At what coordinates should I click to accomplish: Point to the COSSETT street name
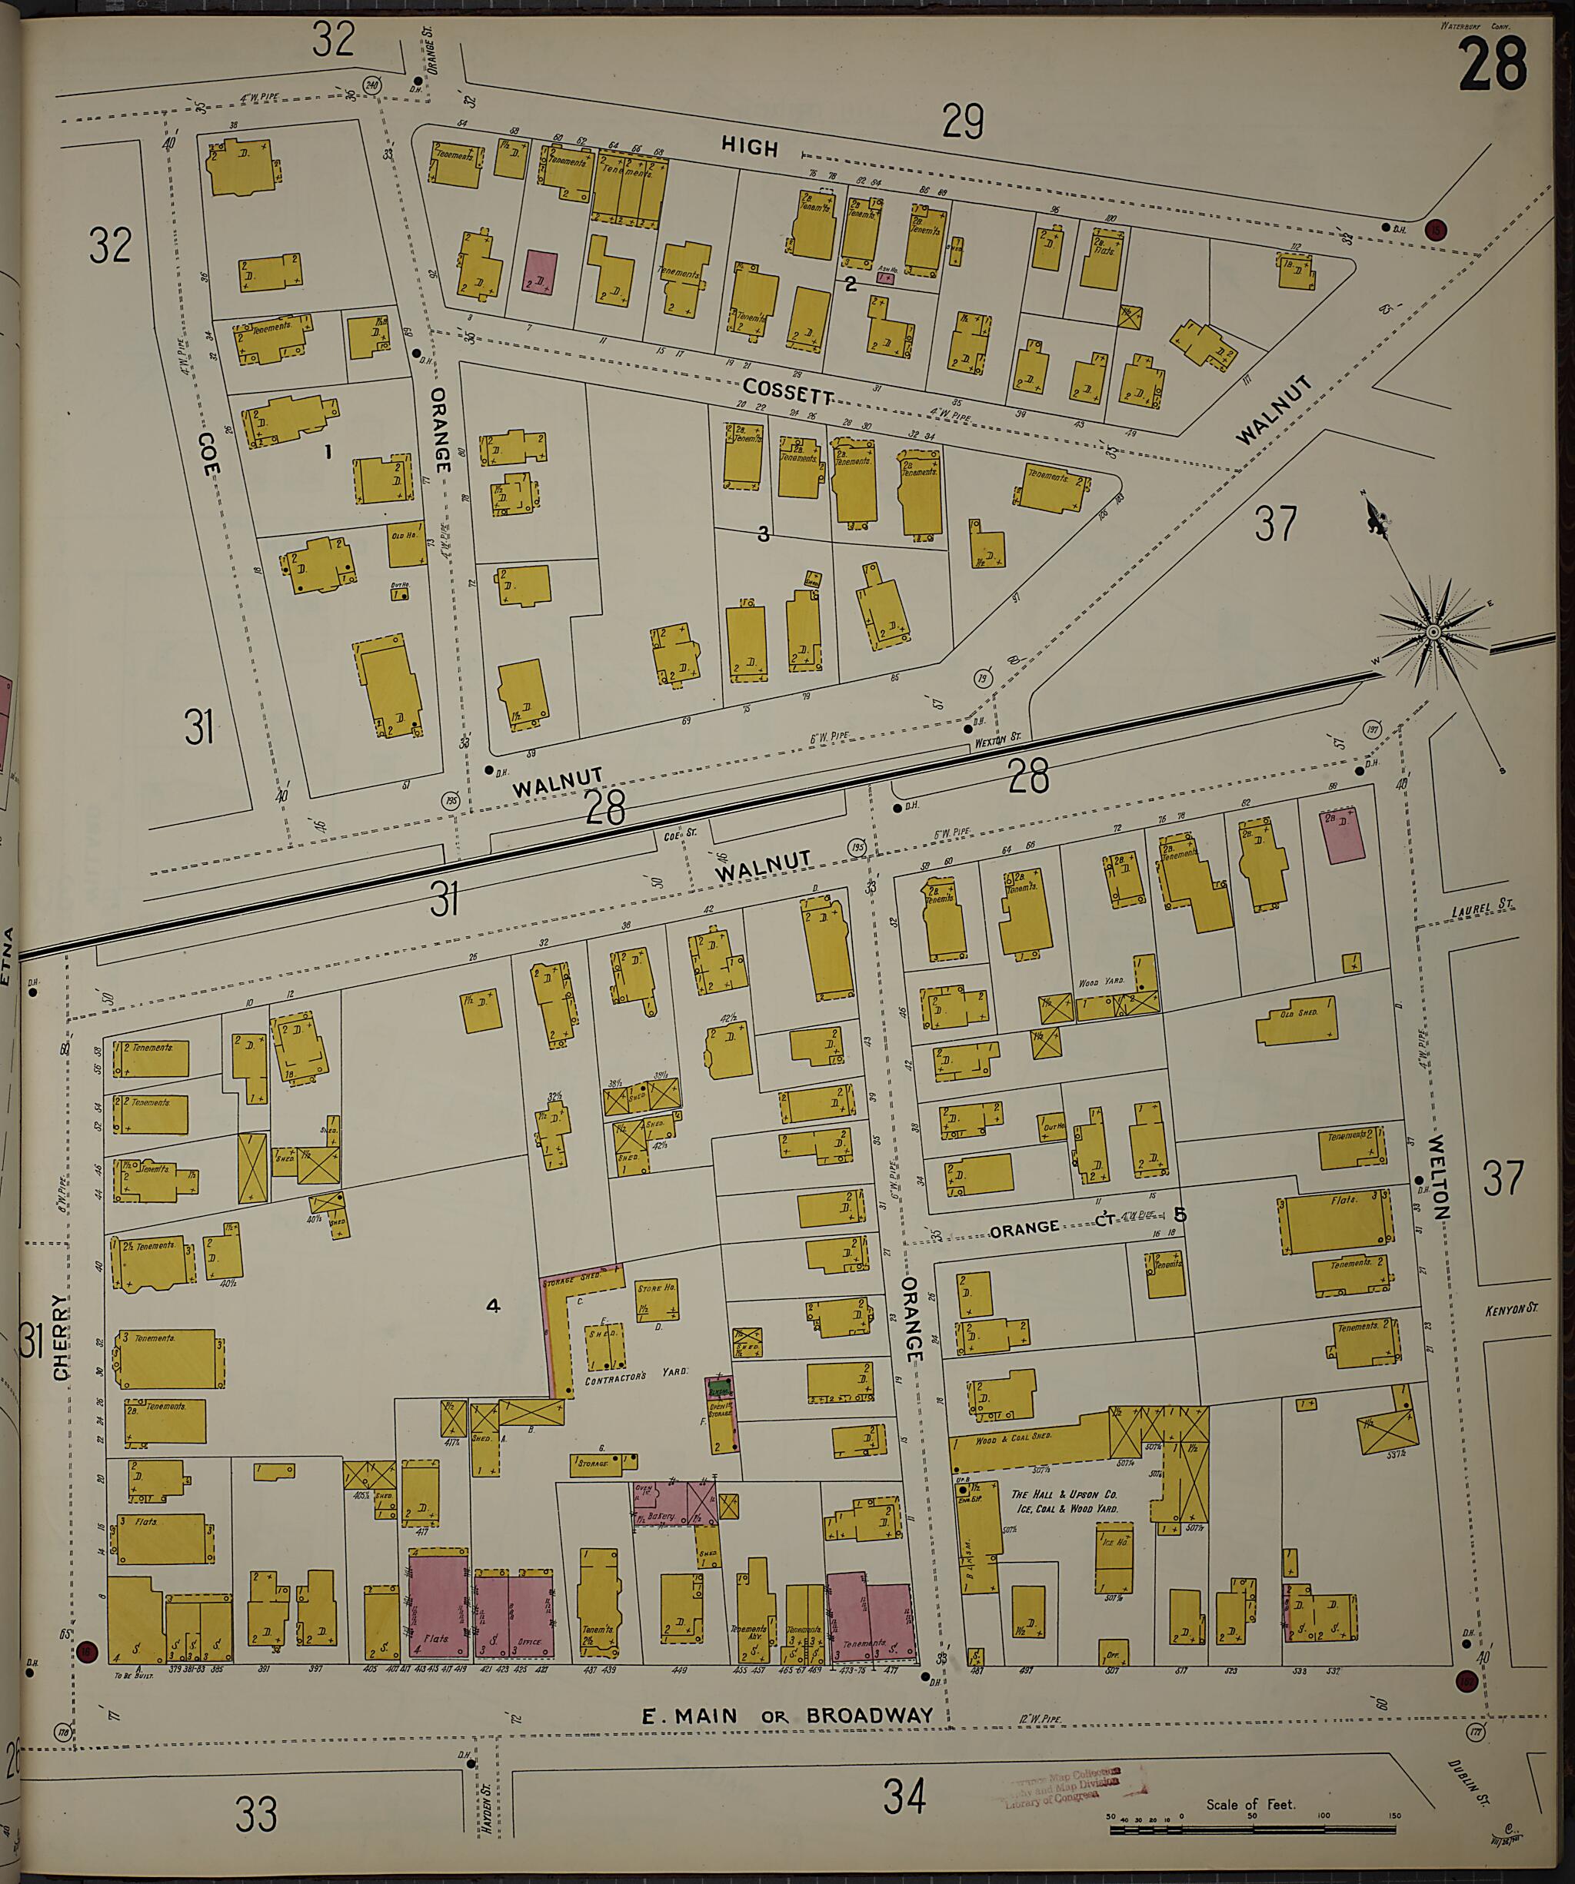[x=788, y=391]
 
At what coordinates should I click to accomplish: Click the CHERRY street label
[x=61, y=1336]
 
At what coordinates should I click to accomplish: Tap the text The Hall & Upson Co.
[x=1063, y=1494]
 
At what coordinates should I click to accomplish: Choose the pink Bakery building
[x=668, y=1504]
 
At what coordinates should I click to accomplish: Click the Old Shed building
[x=1297, y=1021]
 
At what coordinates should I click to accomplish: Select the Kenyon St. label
[x=1510, y=1309]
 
